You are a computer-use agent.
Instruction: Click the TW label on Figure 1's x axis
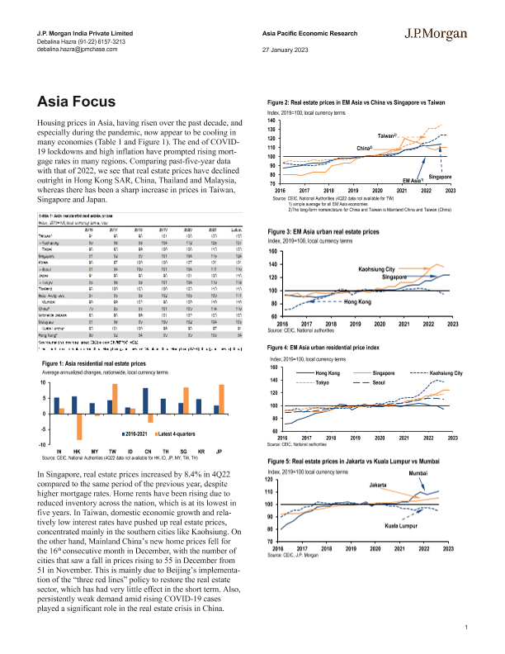(112, 452)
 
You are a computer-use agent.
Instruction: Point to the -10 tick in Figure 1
(44, 445)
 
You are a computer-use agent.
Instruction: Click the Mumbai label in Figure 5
(441, 472)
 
